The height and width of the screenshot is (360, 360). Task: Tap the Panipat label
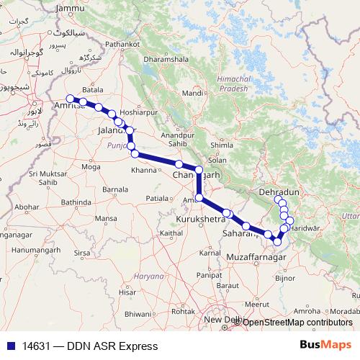(209, 275)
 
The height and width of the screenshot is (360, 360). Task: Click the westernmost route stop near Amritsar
(70, 99)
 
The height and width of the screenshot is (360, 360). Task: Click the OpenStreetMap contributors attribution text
(297, 322)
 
